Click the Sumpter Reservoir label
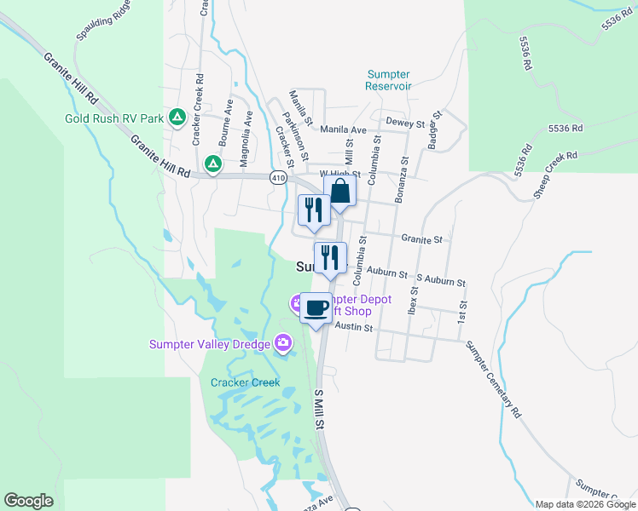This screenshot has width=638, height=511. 388,80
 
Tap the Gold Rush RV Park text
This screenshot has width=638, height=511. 115,118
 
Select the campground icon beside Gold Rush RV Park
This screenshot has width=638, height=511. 177,117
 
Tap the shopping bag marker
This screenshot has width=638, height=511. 339,192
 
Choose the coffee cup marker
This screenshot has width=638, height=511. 316,307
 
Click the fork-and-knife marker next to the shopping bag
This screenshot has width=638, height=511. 313,210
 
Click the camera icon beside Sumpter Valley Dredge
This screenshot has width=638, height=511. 283,343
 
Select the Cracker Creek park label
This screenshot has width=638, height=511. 245,382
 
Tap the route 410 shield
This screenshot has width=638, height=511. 278,178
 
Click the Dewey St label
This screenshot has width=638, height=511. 405,123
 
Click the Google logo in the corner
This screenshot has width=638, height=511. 28,501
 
